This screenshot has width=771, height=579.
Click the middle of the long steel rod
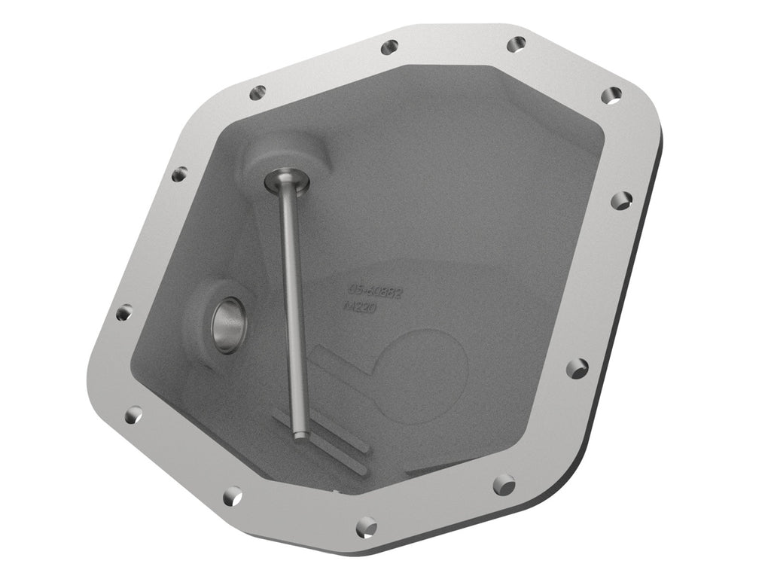click(292, 301)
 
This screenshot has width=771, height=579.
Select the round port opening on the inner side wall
click(227, 324)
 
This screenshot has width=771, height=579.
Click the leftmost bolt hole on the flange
click(123, 312)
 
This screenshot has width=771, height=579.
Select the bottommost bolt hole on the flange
click(366, 525)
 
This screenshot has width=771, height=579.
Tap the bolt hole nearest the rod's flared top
click(258, 93)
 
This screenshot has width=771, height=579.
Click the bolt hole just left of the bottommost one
click(233, 495)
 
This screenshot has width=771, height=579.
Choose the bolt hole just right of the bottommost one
click(504, 483)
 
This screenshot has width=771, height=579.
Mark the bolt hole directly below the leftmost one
click(133, 413)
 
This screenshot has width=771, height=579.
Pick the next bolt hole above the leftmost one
click(179, 174)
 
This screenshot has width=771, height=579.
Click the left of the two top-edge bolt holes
click(389, 47)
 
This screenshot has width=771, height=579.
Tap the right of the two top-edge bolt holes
click(516, 44)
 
